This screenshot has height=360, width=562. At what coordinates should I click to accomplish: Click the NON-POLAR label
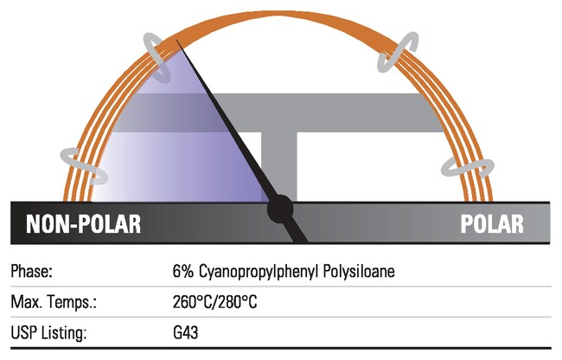point(82,223)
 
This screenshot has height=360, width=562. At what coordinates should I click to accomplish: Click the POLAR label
point(492,223)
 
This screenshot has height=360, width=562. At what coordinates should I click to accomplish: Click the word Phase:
point(32,271)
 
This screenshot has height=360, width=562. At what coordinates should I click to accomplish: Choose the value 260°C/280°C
point(215,303)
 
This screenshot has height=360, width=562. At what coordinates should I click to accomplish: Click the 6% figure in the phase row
point(183,271)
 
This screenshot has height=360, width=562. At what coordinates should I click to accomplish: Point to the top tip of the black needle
point(177,41)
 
